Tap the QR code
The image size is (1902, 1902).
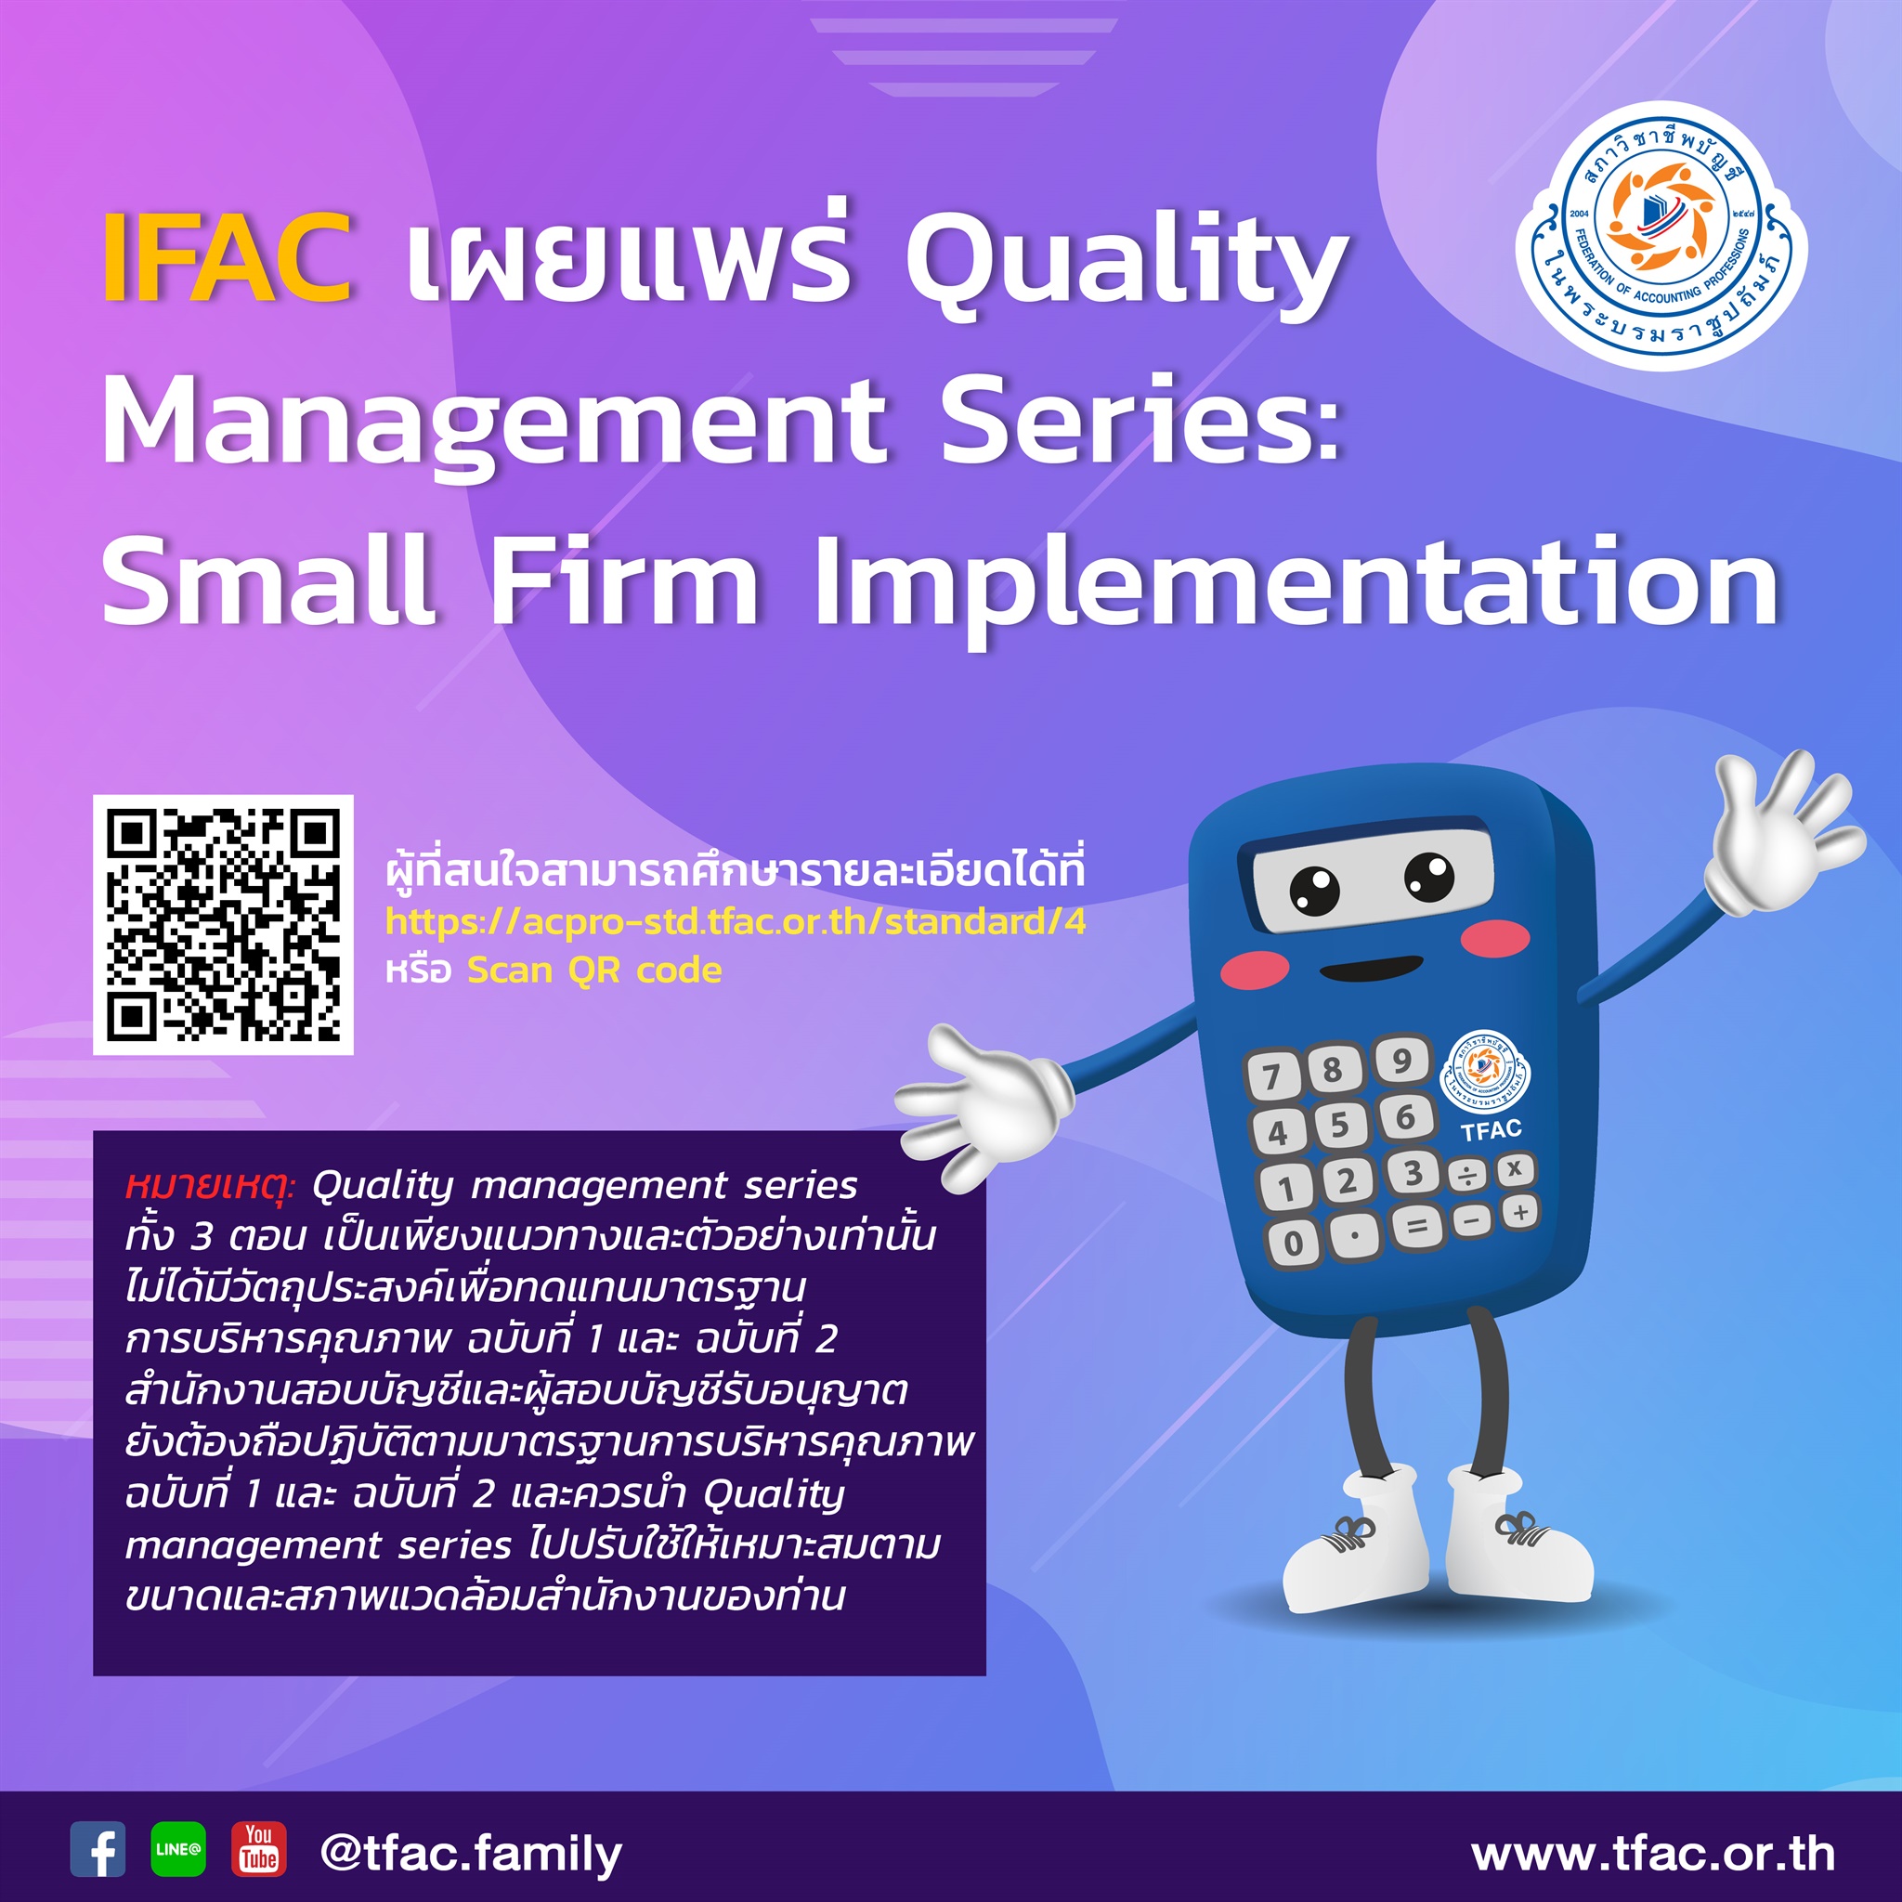224,924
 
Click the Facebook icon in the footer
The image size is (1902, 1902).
98,1848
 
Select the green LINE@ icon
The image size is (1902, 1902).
178,1848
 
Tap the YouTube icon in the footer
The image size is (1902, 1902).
259,1848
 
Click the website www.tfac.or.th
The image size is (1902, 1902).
1653,1854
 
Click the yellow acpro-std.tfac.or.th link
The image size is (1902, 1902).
736,921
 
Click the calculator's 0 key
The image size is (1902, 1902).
1294,1243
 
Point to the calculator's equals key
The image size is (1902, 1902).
1415,1227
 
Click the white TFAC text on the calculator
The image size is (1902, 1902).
1492,1130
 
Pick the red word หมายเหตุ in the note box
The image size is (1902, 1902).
210,1185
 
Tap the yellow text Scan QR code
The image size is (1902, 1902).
594,971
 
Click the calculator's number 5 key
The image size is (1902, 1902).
1339,1126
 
